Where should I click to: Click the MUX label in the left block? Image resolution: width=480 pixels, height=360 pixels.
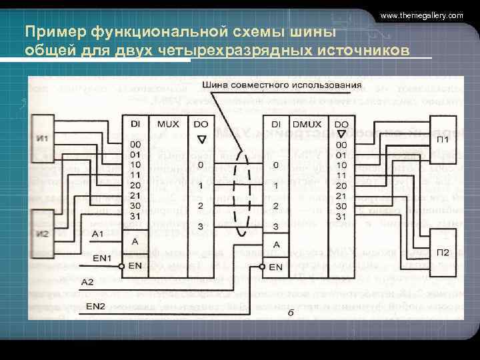point(168,124)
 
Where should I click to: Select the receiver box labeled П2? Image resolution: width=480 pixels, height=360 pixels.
point(442,253)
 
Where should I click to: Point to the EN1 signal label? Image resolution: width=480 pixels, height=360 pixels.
point(103,257)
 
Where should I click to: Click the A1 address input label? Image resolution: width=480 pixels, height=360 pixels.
point(98,234)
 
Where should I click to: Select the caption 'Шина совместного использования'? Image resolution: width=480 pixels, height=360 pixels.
point(281,85)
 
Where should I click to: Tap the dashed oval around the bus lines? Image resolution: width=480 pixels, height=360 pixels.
point(241,199)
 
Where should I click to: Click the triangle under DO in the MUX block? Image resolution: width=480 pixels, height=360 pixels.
point(201,139)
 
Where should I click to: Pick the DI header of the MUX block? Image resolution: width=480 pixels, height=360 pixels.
point(135,124)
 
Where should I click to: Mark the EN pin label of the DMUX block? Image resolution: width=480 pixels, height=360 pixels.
point(276,267)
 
